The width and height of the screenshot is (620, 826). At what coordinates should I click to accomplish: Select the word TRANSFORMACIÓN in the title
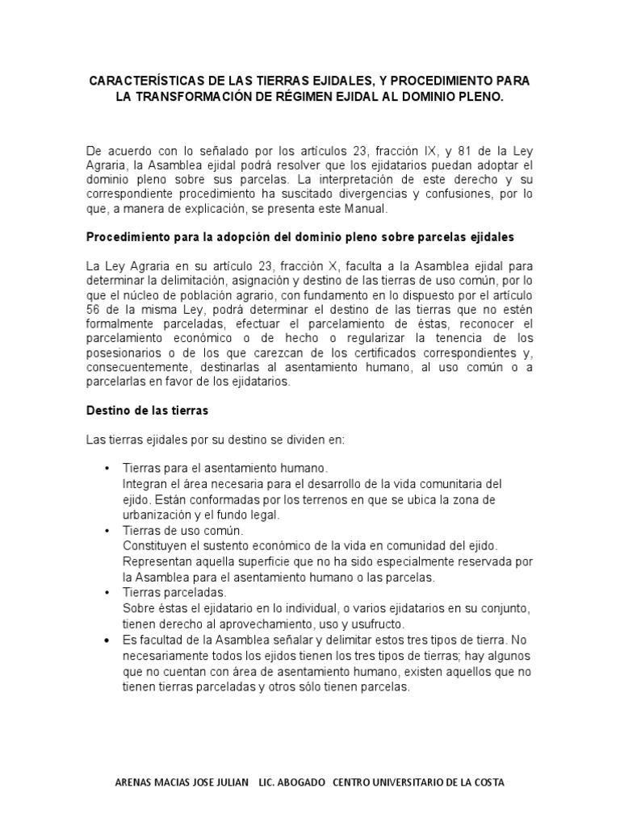pyautogui.click(x=199, y=97)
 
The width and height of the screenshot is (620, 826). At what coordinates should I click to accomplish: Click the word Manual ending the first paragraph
pyautogui.click(x=367, y=208)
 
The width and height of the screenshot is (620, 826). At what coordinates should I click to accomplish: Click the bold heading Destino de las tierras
pyautogui.click(x=147, y=411)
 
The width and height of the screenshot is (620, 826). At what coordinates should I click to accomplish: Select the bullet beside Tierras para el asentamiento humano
pyautogui.click(x=108, y=469)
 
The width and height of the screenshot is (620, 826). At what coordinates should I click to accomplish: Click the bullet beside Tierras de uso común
pyautogui.click(x=108, y=532)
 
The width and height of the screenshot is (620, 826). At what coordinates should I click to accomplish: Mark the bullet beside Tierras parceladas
pyautogui.click(x=108, y=593)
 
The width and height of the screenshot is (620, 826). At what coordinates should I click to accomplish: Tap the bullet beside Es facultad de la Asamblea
pyautogui.click(x=108, y=640)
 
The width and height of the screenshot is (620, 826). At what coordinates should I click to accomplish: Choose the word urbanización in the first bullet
pyautogui.click(x=157, y=515)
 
